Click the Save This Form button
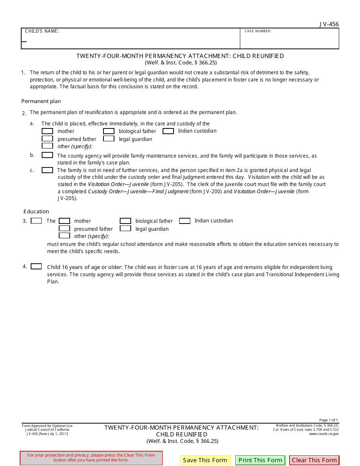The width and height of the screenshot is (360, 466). coord(205,460)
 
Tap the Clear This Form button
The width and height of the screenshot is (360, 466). coord(314,460)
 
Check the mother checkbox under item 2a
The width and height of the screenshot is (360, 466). coord(47,131)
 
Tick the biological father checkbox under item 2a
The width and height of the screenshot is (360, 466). coord(109,131)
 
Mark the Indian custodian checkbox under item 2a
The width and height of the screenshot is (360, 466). coord(168,131)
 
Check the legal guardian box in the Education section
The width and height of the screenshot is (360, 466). coord(125,228)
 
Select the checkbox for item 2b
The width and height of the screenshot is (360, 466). coord(47,155)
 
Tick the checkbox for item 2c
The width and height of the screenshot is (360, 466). coord(47,170)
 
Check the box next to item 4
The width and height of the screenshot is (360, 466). coord(36,266)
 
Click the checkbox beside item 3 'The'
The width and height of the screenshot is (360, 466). coord(36,220)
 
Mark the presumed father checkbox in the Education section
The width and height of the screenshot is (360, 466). coord(64,228)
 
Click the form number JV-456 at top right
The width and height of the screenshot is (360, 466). coord(329,24)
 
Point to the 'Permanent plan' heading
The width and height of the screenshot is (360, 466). coord(41,101)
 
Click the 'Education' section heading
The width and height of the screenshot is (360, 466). coord(36,211)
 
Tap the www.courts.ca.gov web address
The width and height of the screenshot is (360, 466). coord(324,434)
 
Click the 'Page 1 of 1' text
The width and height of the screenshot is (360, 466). coord(329,420)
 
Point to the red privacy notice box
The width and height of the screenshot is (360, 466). coord(91,458)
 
